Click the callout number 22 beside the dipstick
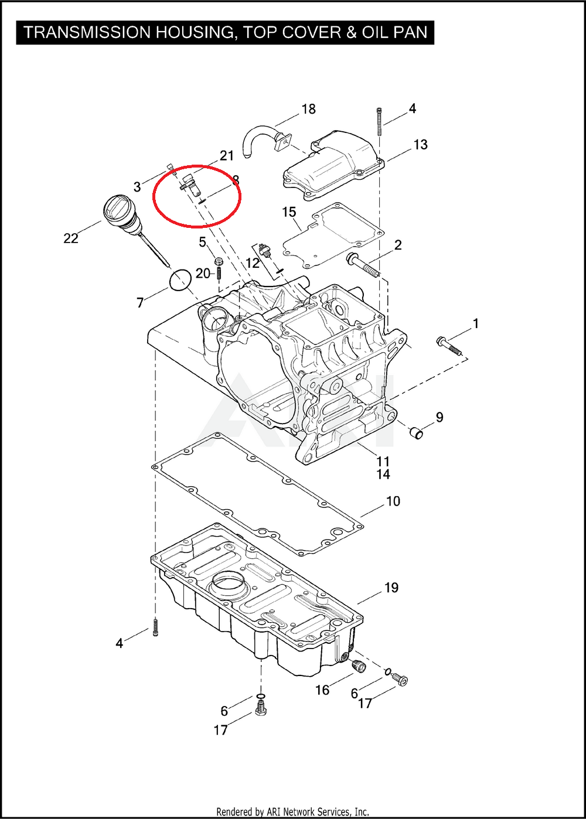click(x=71, y=238)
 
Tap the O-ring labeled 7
click(x=180, y=280)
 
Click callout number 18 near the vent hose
click(x=308, y=109)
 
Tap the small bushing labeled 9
click(x=417, y=434)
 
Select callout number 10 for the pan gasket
click(x=393, y=501)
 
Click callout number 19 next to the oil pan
click(x=391, y=588)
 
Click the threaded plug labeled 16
click(x=357, y=666)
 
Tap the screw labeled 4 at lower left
click(x=155, y=628)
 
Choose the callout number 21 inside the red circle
click(x=227, y=156)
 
